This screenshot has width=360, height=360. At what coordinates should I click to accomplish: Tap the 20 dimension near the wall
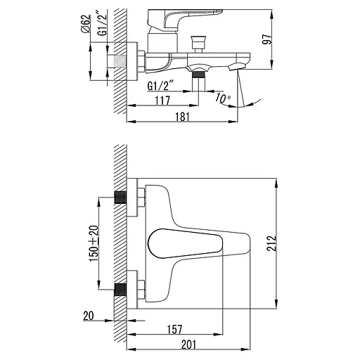coord(88,316)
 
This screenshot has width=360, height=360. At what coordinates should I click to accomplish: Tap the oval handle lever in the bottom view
coord(185,244)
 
